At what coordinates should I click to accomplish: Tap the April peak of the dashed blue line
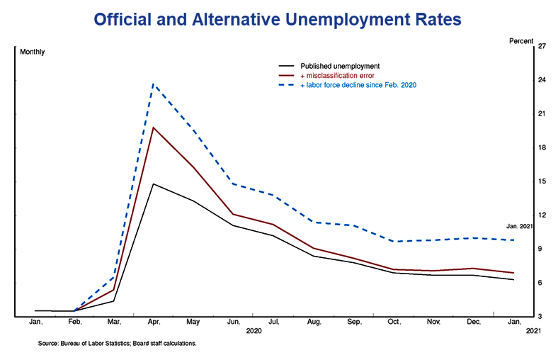tap(154, 84)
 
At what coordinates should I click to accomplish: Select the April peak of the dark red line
tap(154, 128)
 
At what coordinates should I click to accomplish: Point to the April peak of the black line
tap(154, 184)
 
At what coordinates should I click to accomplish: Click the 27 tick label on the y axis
tap(542, 47)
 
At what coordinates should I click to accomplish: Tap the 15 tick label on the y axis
tap(542, 181)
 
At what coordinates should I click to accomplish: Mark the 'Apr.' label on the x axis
tap(154, 322)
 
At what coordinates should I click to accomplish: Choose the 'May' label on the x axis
tap(193, 322)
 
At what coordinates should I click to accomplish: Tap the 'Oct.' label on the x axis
tap(394, 322)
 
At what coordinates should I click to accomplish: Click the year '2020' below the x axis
tap(254, 331)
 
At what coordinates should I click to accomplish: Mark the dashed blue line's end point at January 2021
tap(513, 240)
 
